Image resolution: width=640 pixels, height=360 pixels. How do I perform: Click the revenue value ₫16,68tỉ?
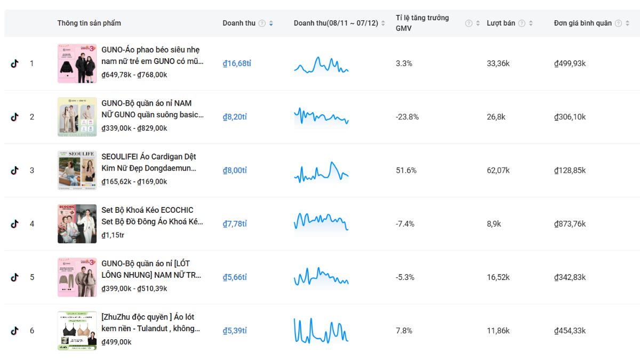tap(237, 63)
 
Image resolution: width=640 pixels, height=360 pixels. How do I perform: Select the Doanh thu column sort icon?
tap(271, 23)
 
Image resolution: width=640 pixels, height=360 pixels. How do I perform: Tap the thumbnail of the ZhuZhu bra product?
tap(77, 331)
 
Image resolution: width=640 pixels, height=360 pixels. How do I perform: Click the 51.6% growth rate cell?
tap(406, 170)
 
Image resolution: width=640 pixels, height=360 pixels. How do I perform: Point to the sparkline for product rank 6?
tap(321, 331)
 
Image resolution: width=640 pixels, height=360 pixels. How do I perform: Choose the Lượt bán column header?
tap(501, 23)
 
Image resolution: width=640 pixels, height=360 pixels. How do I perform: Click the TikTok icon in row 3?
tap(14, 170)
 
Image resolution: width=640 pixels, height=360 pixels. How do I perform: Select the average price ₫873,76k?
tap(570, 223)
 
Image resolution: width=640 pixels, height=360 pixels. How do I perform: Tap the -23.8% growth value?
tap(407, 117)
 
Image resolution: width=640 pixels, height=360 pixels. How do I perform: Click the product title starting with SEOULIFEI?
tap(149, 162)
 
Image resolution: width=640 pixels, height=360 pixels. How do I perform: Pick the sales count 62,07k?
tap(498, 170)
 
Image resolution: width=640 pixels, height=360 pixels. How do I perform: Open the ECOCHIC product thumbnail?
tap(77, 223)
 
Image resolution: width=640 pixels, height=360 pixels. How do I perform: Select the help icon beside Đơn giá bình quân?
tap(618, 23)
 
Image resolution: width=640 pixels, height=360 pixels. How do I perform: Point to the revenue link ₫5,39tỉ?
tap(235, 331)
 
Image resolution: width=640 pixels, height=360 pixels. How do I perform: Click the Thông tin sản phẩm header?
tap(89, 23)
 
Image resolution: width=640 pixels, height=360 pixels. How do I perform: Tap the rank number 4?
tap(31, 223)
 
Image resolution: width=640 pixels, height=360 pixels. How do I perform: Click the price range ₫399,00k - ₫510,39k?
tap(134, 288)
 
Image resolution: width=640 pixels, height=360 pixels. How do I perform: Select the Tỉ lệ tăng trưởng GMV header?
tap(422, 23)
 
